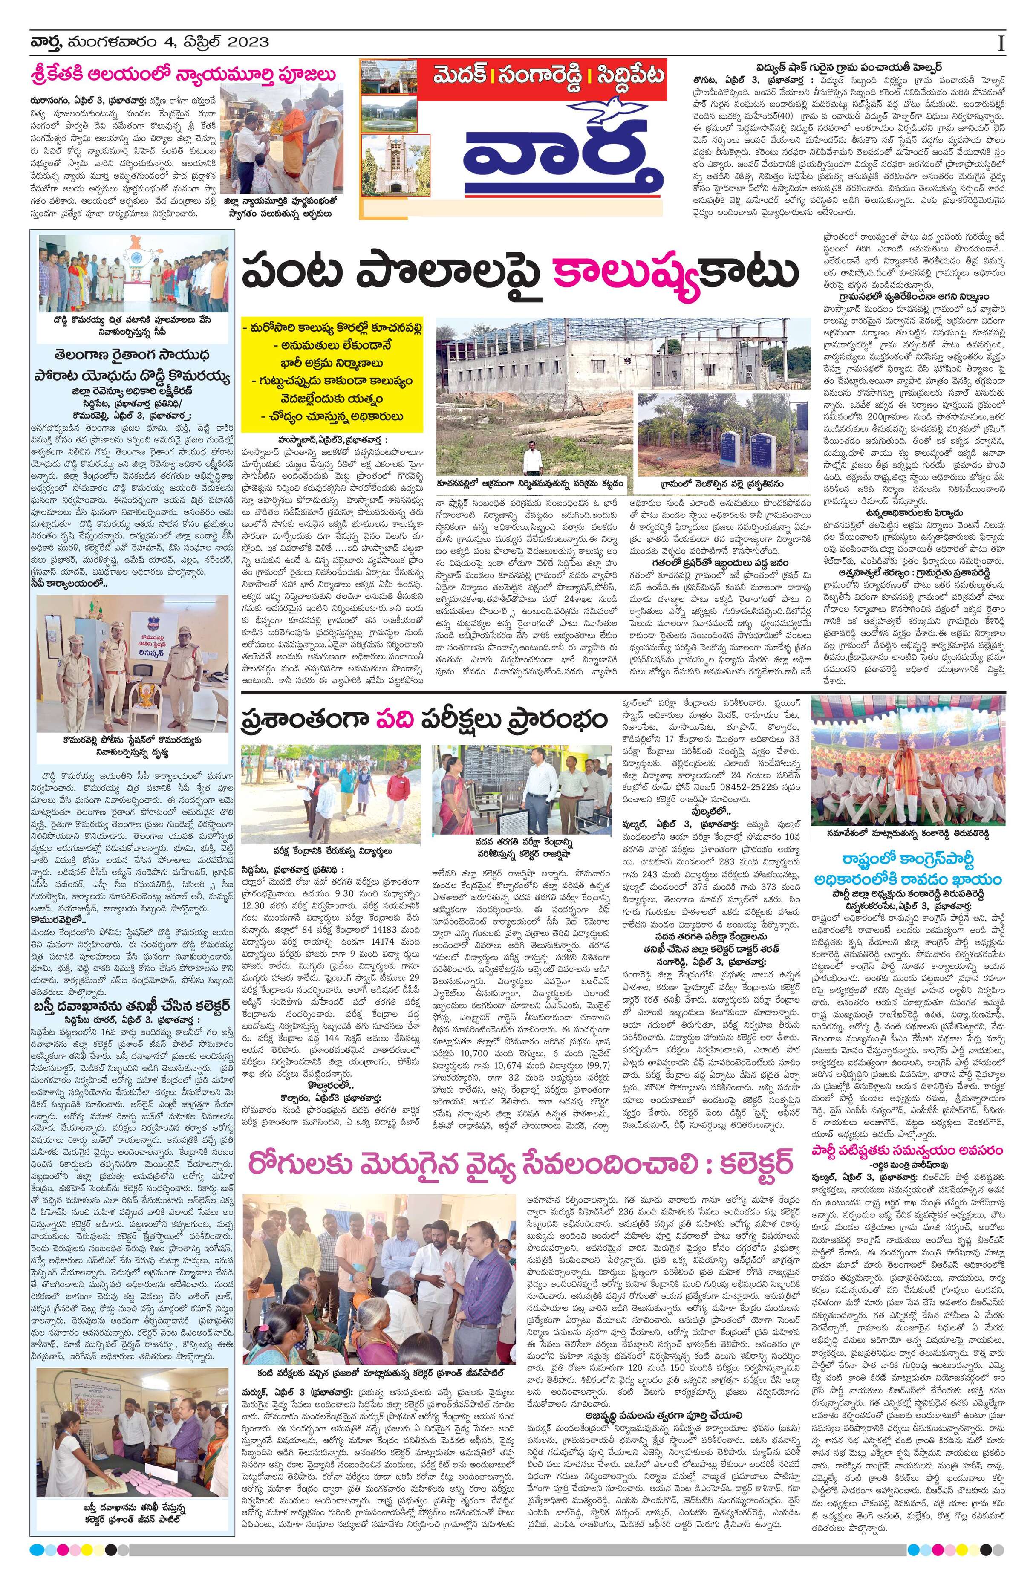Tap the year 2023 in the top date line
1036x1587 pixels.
coord(248,43)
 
